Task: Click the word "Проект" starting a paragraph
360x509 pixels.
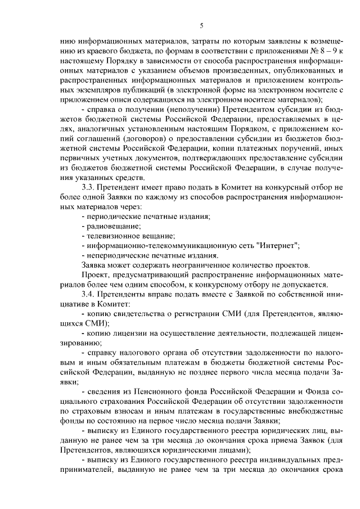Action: pyautogui.click(x=96, y=275)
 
